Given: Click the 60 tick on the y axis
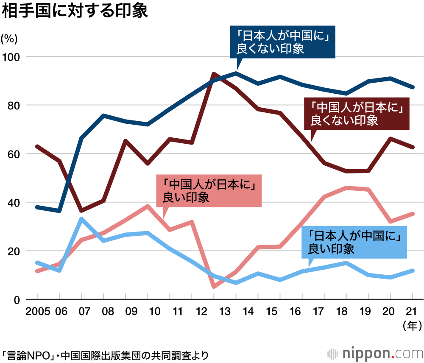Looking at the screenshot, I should pyautogui.click(x=14, y=154).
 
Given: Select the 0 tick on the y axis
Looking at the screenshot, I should pyautogui.click(x=17, y=299).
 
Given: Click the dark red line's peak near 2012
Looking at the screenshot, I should pyautogui.click(x=214, y=74).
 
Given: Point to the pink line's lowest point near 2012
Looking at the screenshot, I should pyautogui.click(x=214, y=287).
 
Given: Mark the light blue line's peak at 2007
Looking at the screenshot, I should pyautogui.click(x=81, y=219).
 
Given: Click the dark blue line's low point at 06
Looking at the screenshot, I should pyautogui.click(x=59, y=211).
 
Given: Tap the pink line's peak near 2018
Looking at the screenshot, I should pyautogui.click(x=347, y=187).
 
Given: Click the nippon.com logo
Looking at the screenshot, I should pyautogui.click(x=374, y=353).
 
